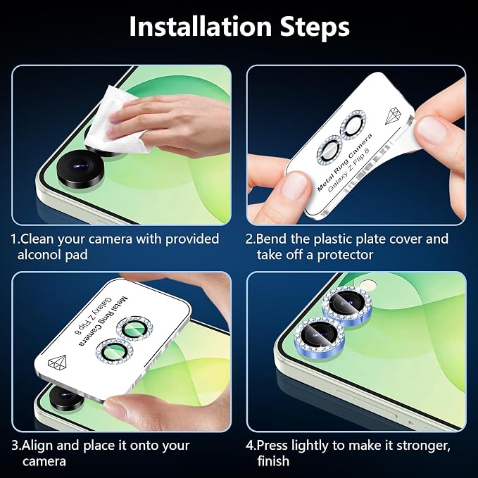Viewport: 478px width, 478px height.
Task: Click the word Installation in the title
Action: (x=201, y=27)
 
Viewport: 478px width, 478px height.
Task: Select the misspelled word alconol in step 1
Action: (x=39, y=254)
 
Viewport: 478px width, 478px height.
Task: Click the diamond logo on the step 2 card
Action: (x=394, y=116)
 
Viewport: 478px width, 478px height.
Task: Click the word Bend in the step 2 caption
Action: (x=271, y=239)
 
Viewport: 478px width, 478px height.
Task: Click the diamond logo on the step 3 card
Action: (x=58, y=363)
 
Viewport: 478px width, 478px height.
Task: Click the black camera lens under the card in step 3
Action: (x=65, y=397)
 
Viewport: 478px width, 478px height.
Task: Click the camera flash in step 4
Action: (x=368, y=286)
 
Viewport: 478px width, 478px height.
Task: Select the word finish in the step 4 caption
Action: (x=273, y=461)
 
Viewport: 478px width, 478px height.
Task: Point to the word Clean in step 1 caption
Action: (x=38, y=239)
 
